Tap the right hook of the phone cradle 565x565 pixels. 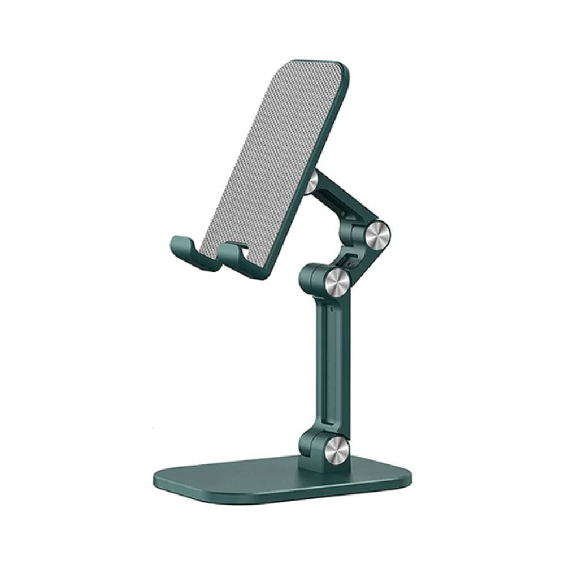(x=232, y=260)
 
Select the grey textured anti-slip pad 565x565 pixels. (x=271, y=158)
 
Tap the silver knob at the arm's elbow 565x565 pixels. (x=377, y=236)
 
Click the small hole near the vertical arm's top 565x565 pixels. (x=330, y=309)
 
